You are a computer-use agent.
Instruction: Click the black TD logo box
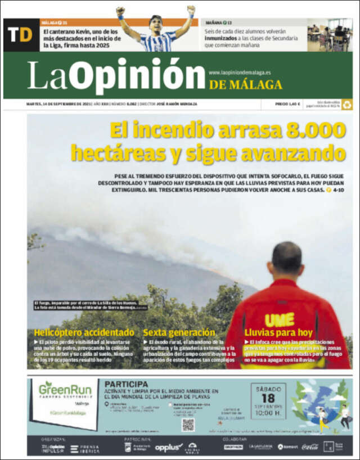click(20, 35)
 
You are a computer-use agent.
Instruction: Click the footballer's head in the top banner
click(156, 23)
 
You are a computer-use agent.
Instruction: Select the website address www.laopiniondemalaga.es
click(240, 73)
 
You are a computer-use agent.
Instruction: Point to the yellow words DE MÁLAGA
click(246, 85)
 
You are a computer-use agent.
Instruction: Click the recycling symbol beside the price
click(347, 104)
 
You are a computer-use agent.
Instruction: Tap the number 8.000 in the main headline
click(316, 130)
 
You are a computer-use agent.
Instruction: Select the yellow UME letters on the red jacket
click(280, 319)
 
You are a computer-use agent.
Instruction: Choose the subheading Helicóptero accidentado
click(84, 332)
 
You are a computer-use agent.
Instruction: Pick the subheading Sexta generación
click(179, 332)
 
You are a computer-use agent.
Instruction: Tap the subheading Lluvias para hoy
click(278, 332)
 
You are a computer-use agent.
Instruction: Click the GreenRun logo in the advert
click(65, 389)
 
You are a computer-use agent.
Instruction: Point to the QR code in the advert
click(188, 425)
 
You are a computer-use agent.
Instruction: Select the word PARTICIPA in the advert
click(127, 384)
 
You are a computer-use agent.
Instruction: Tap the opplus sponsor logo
click(169, 447)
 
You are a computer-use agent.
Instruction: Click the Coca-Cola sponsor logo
click(310, 447)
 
